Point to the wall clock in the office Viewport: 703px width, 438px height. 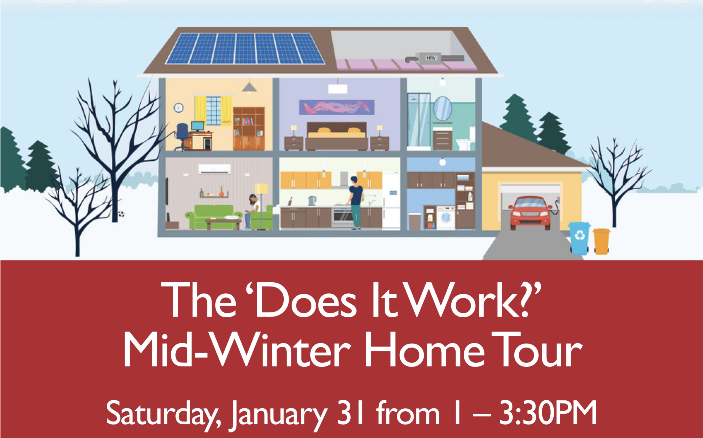point(178,108)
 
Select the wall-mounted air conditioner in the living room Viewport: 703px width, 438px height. point(214,169)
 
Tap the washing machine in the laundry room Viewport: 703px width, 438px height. point(445,217)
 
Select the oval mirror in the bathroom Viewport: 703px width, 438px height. point(442,109)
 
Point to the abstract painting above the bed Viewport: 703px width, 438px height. point(337,107)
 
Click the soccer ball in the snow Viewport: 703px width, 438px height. point(121,214)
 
